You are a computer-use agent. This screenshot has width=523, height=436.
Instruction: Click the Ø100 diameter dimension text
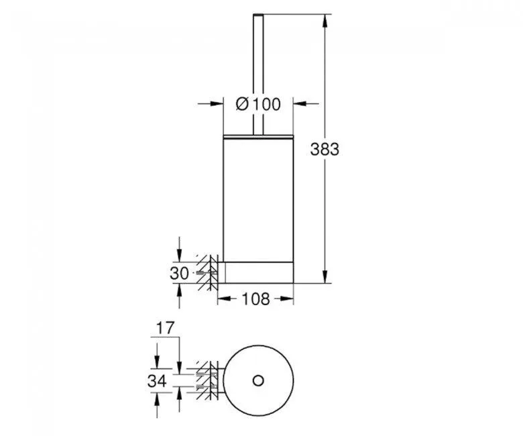(x=258, y=104)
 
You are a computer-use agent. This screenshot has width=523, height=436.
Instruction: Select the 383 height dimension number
(x=325, y=149)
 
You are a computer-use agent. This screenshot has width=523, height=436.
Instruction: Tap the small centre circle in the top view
(x=258, y=380)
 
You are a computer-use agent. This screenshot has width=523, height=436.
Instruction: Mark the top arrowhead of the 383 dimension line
(x=325, y=18)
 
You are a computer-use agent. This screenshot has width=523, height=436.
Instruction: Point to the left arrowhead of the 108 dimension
(x=227, y=300)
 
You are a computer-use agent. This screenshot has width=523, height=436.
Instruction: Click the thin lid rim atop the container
(x=258, y=136)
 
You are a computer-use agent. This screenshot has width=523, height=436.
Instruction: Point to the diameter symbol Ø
(x=243, y=104)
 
